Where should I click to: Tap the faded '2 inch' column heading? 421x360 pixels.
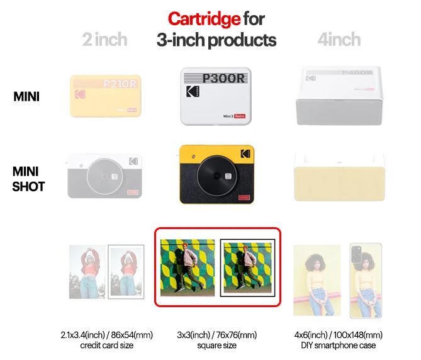(104, 40)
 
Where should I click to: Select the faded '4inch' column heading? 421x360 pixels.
(339, 40)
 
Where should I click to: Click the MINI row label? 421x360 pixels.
(28, 97)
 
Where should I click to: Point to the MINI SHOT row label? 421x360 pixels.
(28, 178)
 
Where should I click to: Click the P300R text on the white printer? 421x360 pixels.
(223, 79)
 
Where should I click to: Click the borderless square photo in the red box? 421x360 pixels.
(186, 267)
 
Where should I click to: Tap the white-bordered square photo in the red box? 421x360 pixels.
(247, 267)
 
